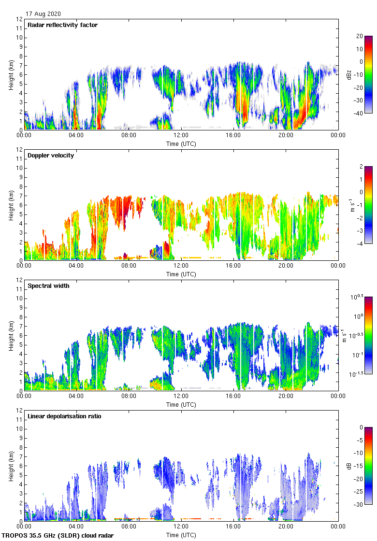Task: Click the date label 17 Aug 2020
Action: click(x=43, y=14)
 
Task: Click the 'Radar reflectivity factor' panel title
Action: click(x=62, y=25)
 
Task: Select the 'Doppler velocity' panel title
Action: click(x=51, y=156)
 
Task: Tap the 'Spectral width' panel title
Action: click(x=49, y=286)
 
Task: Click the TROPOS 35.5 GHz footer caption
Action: click(x=58, y=536)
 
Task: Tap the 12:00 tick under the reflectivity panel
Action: click(x=181, y=135)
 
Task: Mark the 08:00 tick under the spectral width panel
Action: click(x=129, y=396)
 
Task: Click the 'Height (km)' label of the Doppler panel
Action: click(x=11, y=205)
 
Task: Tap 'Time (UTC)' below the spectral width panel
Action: click(x=181, y=404)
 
